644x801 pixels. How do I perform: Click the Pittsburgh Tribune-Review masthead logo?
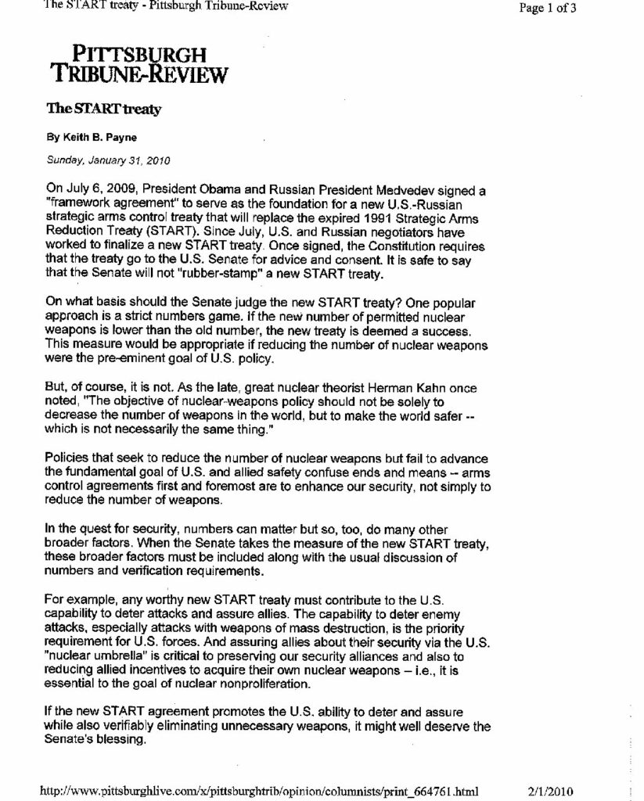pos(139,64)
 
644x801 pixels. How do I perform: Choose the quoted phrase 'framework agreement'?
pos(105,203)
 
